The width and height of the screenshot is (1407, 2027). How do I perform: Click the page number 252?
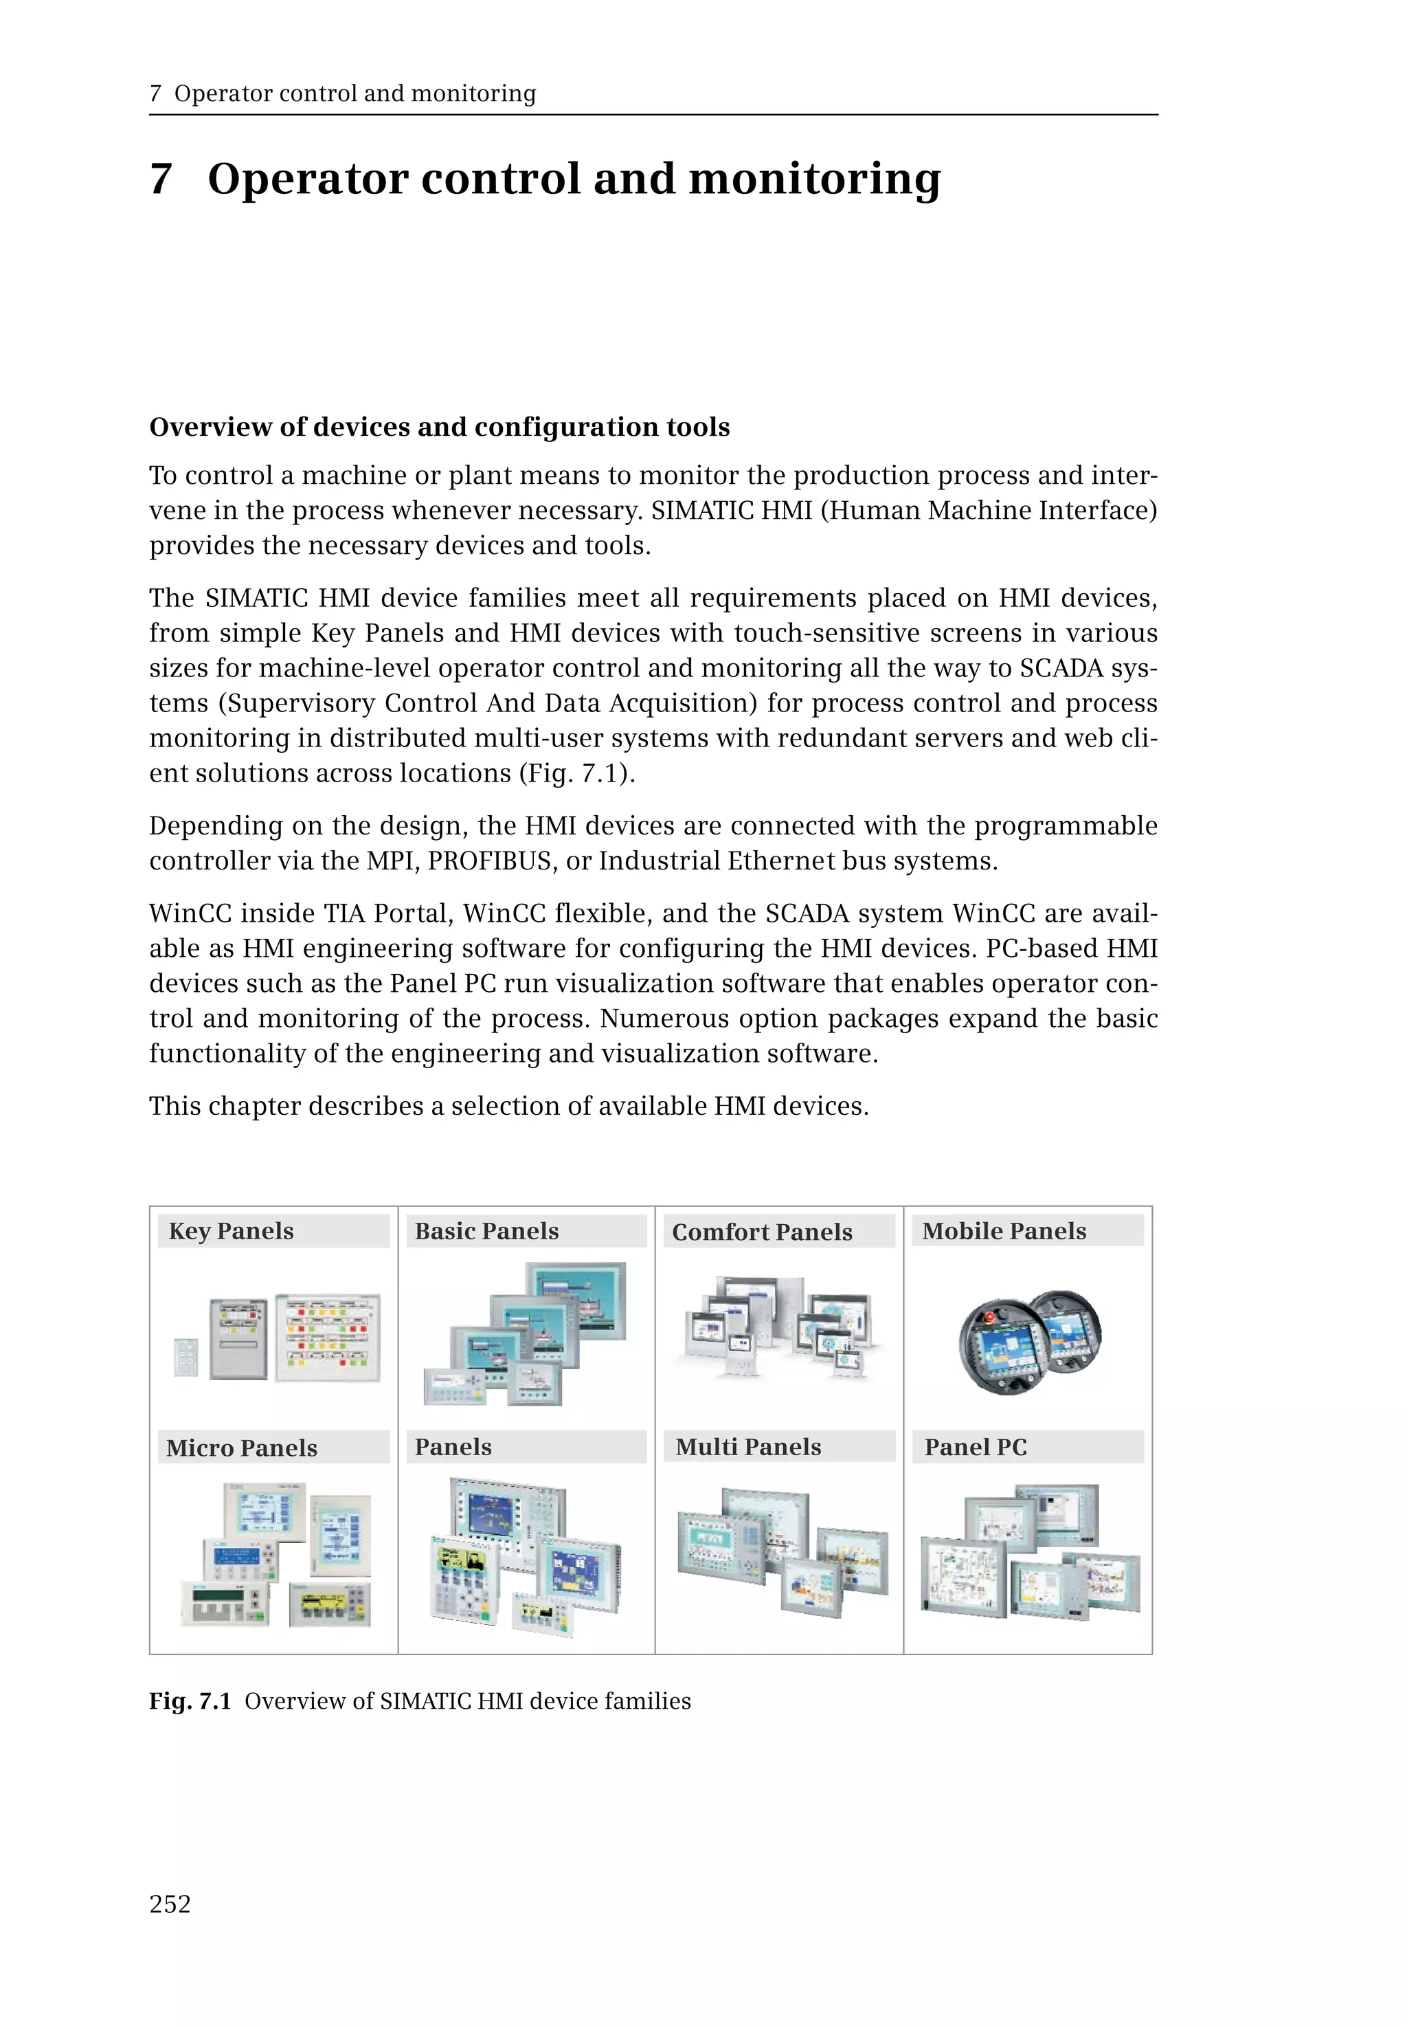[170, 1903]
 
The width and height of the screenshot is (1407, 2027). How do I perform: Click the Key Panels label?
[231, 1230]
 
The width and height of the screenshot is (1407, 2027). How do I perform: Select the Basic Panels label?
[486, 1230]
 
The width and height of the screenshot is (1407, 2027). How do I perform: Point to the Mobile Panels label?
[1004, 1230]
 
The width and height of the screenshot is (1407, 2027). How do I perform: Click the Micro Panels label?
[242, 1448]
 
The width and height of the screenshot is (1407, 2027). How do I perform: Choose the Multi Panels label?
[748, 1447]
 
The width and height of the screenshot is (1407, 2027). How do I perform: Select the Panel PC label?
[976, 1447]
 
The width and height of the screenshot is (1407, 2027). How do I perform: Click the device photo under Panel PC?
[1030, 1553]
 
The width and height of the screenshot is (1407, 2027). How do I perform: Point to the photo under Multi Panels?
[782, 1553]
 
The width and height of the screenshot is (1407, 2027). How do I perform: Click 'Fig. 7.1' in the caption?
[190, 1701]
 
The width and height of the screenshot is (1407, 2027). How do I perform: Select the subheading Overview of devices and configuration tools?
[439, 427]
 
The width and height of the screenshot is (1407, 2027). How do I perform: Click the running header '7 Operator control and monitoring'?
[343, 93]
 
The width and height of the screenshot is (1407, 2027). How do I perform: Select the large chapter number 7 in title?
[161, 179]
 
